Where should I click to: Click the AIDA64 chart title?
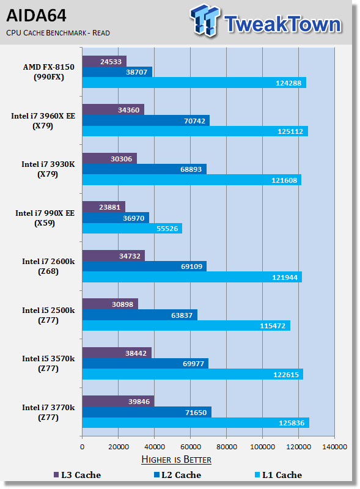pos(36,16)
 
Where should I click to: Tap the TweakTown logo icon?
pos(204,20)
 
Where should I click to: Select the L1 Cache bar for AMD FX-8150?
pos(194,83)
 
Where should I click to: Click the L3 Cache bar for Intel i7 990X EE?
pos(103,207)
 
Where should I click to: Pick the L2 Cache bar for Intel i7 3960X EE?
pos(145,120)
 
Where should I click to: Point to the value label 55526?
pos(167,229)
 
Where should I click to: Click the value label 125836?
pos(292,423)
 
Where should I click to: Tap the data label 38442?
pos(136,353)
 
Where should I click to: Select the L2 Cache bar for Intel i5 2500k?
pos(140,315)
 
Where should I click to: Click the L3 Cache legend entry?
pos(78,475)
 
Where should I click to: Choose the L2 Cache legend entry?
pos(177,475)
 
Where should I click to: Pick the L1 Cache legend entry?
pos(278,475)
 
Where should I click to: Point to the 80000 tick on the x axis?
pos(227,447)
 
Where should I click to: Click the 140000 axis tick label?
pos(334,447)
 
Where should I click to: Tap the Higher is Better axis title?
pos(176,460)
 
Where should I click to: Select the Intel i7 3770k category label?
pos(48,412)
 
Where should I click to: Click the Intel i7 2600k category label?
pos(48,267)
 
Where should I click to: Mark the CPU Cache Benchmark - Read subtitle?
pos(58,33)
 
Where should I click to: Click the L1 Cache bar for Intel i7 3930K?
pos(192,180)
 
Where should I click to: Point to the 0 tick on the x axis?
pos(82,447)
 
